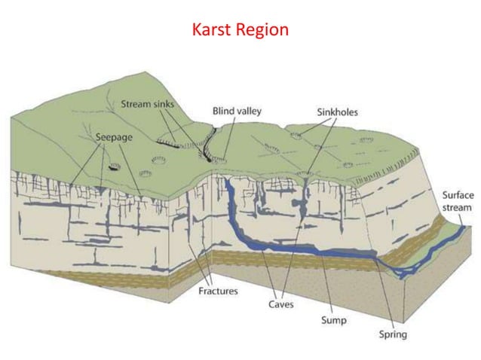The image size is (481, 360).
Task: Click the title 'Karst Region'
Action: click(240, 30)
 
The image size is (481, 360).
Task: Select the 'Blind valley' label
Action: click(237, 111)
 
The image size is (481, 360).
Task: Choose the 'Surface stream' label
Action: click(458, 201)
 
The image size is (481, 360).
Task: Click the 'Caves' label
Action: click(281, 304)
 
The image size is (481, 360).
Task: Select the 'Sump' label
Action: click(332, 320)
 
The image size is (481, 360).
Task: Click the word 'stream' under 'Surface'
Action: click(458, 207)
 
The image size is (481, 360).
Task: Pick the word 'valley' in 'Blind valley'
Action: click(248, 111)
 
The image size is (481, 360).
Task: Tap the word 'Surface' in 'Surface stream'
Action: click(458, 195)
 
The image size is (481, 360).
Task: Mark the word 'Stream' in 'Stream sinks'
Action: click(136, 105)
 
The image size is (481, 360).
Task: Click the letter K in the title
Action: click(197, 30)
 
